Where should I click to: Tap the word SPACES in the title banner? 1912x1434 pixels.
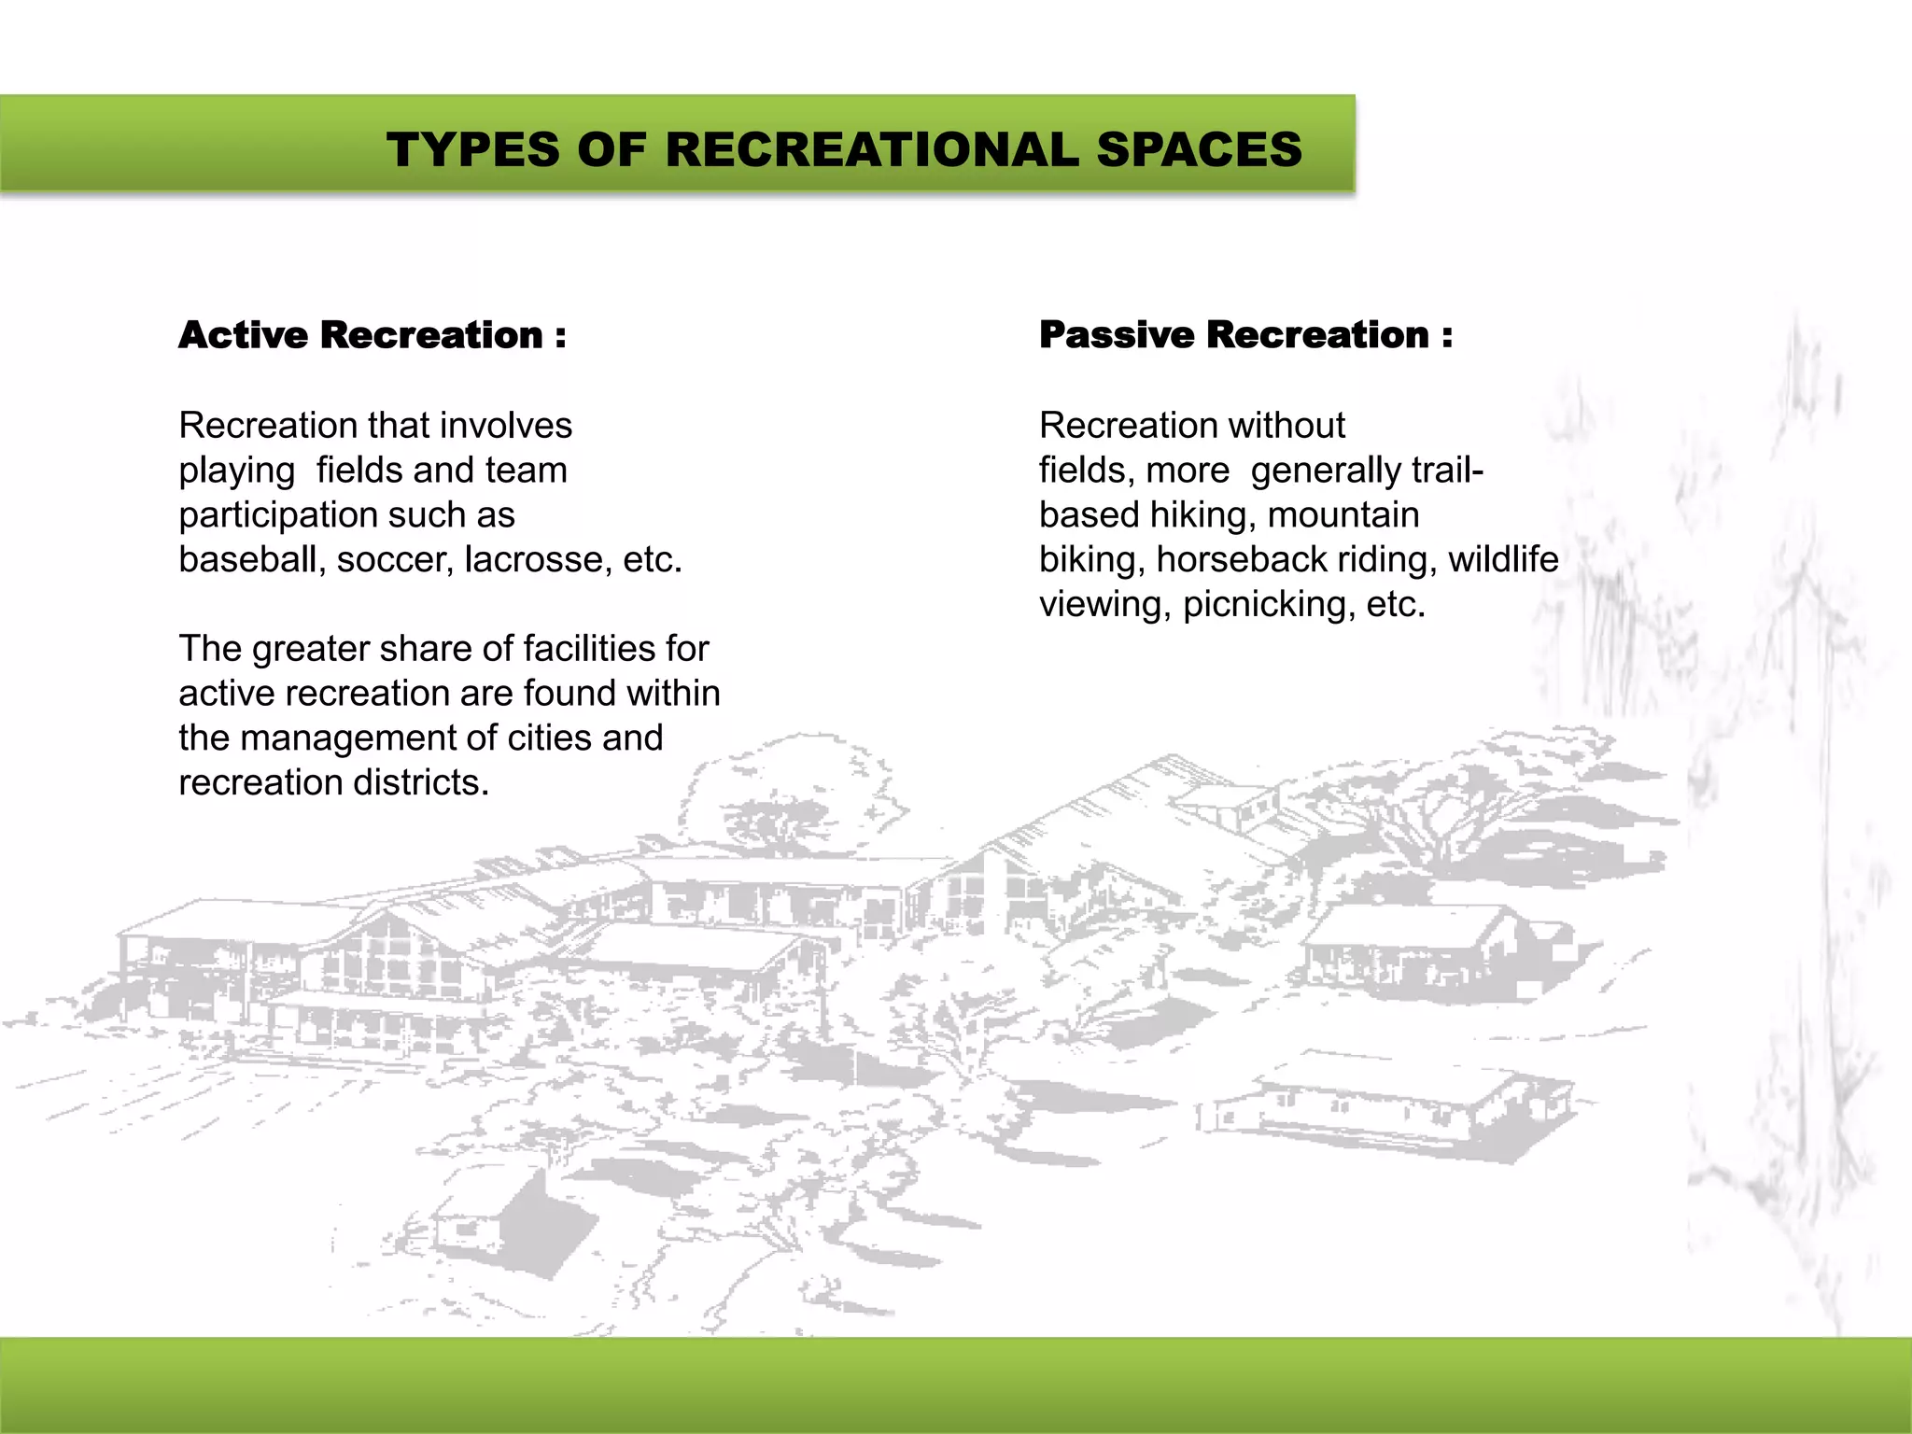tap(1199, 149)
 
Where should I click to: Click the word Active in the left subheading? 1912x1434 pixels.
tap(243, 335)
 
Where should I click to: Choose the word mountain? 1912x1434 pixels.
tap(1343, 514)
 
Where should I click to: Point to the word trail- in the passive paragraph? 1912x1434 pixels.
tap(1446, 470)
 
